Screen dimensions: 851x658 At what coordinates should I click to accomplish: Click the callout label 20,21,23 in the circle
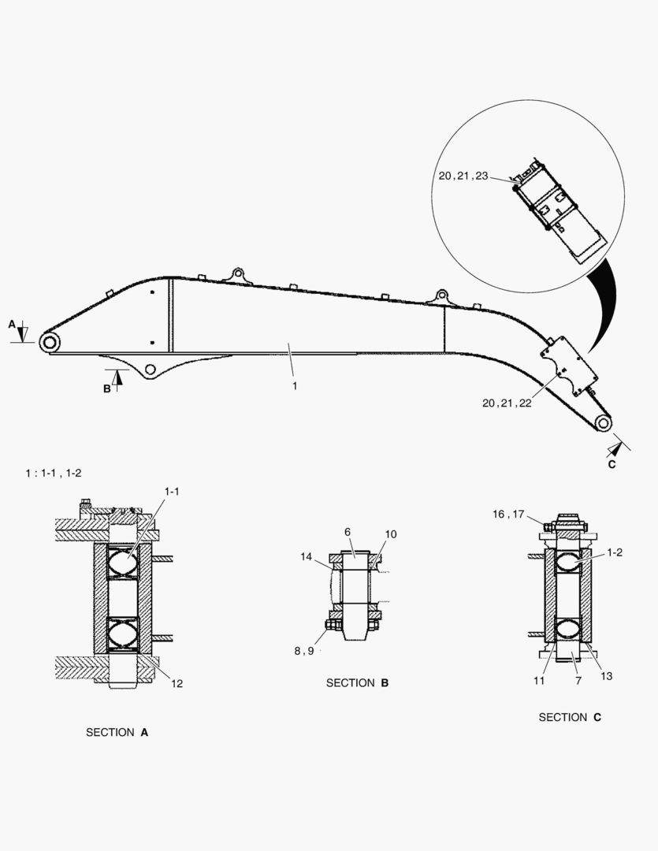point(463,177)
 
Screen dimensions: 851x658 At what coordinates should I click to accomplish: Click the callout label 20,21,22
point(507,403)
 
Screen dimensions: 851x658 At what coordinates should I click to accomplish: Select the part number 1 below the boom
point(295,386)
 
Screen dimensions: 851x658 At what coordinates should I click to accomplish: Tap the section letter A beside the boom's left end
point(12,324)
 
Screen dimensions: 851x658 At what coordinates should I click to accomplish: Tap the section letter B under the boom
point(107,388)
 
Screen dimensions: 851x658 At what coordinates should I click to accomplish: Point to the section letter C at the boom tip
point(612,464)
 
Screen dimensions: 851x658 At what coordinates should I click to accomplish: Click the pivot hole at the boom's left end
point(50,342)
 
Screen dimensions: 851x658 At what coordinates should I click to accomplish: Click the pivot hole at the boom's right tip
point(603,423)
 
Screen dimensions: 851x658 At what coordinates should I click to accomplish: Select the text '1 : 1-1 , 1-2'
point(54,473)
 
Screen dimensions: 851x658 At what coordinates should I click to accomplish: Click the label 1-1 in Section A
point(172,492)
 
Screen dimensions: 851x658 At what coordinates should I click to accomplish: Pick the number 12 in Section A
point(177,683)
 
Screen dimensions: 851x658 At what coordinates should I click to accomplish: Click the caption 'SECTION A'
point(117,732)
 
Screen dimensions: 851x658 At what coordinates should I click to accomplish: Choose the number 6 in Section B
point(348,533)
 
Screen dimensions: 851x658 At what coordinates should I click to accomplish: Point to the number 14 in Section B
point(307,556)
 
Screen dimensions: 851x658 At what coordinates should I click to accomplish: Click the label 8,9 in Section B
point(303,651)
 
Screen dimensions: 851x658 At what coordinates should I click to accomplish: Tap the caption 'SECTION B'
point(357,683)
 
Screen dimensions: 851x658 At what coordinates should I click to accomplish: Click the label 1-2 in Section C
point(615,552)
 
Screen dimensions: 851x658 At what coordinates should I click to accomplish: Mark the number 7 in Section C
point(578,680)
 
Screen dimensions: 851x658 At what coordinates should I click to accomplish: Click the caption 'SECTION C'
point(570,717)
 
